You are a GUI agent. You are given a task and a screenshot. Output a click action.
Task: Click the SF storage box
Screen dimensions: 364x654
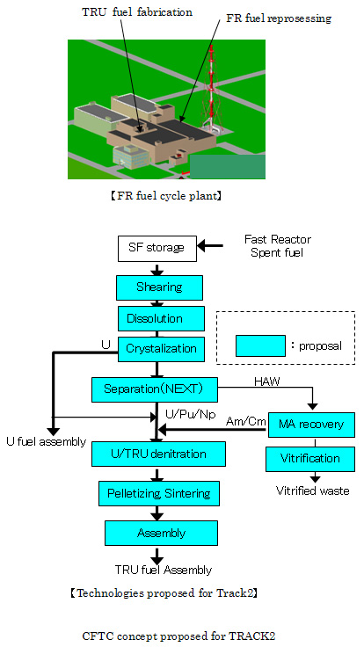[157, 249]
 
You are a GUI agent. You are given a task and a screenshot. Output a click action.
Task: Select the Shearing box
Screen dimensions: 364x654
[159, 287]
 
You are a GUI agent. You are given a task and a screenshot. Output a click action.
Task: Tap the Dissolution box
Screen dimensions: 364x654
[161, 319]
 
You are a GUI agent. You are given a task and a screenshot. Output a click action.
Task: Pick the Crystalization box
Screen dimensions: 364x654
[161, 349]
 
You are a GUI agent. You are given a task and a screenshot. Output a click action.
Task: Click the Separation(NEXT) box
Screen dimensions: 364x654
[155, 389]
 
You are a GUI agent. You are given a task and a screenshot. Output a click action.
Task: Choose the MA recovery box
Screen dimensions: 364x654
[311, 425]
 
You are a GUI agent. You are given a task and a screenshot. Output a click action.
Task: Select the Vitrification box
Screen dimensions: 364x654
[310, 459]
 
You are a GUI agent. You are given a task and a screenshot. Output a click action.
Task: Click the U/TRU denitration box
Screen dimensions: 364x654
[158, 454]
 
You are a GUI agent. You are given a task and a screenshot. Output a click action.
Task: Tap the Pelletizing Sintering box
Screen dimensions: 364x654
[158, 493]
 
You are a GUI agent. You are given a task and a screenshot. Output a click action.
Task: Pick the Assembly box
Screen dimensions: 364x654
[161, 533]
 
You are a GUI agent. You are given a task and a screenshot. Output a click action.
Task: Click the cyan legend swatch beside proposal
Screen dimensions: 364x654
[260, 345]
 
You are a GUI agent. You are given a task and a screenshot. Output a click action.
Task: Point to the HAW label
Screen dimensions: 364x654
[267, 381]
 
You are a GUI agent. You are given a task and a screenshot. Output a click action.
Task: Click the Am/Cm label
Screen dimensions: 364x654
[246, 422]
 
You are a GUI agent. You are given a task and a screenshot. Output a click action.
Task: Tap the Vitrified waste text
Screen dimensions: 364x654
[313, 490]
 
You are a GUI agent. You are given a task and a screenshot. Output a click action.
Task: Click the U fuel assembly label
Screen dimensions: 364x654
[46, 441]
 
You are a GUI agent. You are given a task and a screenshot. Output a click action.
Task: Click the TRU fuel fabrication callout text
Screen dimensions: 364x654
[137, 12]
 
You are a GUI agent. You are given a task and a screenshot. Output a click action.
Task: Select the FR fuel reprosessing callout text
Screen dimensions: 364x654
[279, 18]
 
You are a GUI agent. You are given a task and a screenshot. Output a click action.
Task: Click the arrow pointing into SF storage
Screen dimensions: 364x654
[210, 246]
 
